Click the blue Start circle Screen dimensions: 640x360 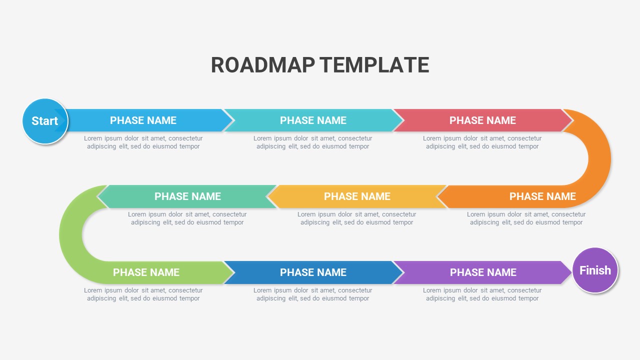tap(45, 121)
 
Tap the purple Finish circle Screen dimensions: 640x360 tap(595, 270)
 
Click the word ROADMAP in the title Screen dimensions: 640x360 tap(263, 65)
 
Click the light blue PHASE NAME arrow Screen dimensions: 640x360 tap(143, 120)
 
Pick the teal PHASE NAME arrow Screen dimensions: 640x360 tap(313, 120)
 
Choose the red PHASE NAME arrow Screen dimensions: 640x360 tap(482, 120)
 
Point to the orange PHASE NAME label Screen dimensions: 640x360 tap(542, 196)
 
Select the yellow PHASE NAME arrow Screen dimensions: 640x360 tap(357, 196)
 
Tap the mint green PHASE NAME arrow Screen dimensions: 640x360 tap(187, 196)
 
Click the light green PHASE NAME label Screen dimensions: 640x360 tap(146, 272)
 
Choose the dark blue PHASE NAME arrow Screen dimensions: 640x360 tap(313, 272)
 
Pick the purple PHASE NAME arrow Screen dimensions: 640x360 tap(483, 272)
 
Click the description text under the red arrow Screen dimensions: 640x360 tap(482, 142)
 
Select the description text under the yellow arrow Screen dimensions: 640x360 tap(357, 218)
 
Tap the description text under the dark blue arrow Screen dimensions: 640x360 tap(313, 294)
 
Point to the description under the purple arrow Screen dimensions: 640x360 tap(482, 294)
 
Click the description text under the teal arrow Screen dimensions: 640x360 tap(313, 142)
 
